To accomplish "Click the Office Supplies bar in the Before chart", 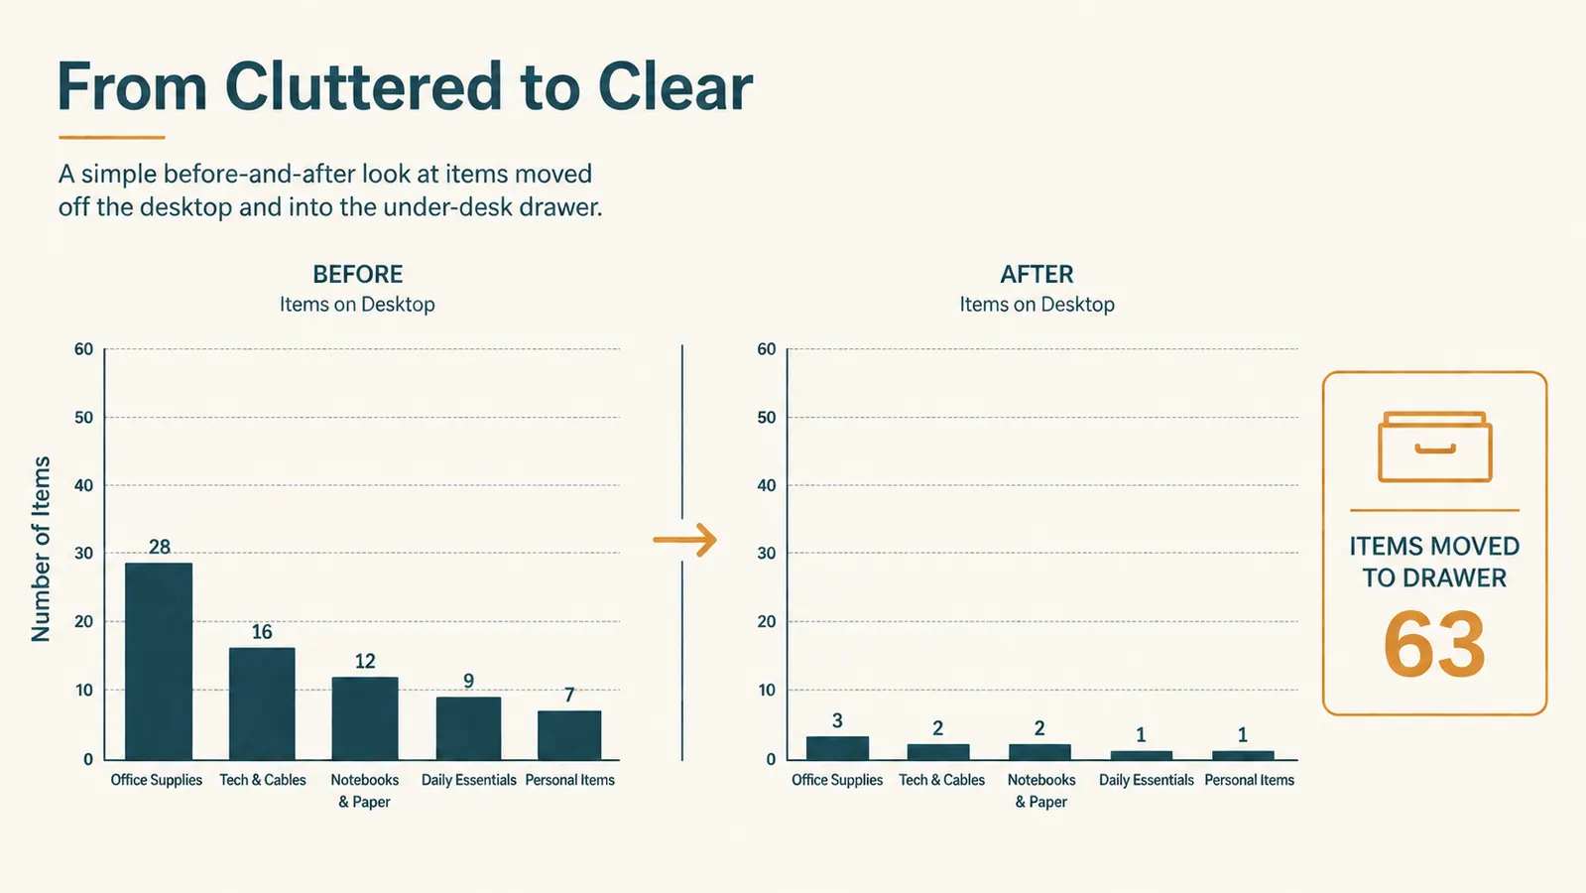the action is point(159,662).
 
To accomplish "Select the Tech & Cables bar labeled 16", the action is point(262,703).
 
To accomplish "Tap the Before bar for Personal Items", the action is point(569,735).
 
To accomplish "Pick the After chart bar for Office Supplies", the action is point(837,748).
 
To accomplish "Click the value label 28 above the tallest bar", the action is point(160,547).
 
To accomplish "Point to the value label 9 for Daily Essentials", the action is point(469,681).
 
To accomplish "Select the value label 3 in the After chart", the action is point(837,721).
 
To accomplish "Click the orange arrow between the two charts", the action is point(684,541).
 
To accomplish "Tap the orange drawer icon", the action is point(1435,446).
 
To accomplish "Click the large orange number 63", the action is point(1434,644).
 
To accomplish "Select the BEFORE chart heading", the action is point(357,274).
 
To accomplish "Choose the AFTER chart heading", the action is point(1037,274).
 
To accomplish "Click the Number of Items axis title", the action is point(41,550).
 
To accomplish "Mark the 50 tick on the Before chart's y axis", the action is point(83,417).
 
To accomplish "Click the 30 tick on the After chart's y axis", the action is point(767,553).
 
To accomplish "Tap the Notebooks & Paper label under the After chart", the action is point(1041,791).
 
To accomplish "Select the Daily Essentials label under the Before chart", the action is point(469,780).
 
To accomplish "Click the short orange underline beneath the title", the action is point(112,137).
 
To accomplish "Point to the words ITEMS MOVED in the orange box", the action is point(1434,546).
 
